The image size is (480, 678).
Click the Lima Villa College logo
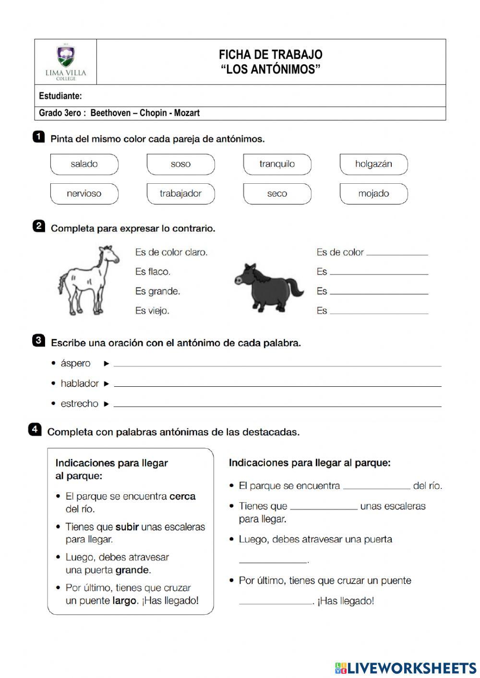(66, 62)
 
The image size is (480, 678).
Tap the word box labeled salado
(84, 164)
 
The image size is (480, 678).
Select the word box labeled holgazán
(373, 164)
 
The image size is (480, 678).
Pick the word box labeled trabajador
(180, 194)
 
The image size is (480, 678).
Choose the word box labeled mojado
(373, 194)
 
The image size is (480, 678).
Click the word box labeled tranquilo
(277, 164)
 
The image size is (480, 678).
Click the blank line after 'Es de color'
(397, 253)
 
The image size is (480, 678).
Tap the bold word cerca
(182, 496)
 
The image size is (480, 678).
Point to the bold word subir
(127, 527)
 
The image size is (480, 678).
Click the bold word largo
(125, 601)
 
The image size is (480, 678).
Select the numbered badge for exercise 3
(38, 341)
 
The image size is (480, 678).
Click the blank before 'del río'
(377, 487)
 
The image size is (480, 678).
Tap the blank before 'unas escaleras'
(324, 507)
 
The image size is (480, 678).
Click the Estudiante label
(60, 96)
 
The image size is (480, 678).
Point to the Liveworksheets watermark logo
(406, 668)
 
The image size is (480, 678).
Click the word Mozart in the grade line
(187, 113)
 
